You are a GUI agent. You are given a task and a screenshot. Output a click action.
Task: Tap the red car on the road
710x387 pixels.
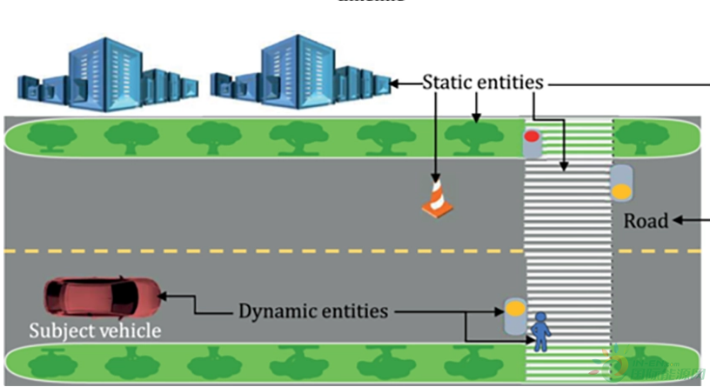(x=103, y=297)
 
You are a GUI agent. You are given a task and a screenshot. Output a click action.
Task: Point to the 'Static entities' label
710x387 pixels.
(x=483, y=83)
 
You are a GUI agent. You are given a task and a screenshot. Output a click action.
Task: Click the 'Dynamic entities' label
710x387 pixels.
(x=313, y=310)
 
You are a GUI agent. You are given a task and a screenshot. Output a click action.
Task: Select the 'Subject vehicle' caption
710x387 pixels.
(x=95, y=330)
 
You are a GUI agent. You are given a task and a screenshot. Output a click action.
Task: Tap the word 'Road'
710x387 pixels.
(x=646, y=221)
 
